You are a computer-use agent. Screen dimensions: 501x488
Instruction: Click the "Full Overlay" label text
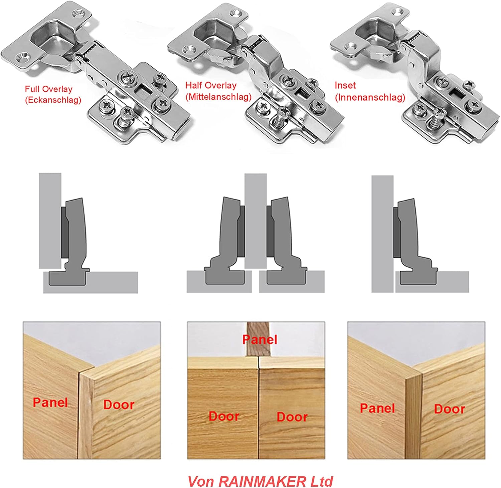pyautogui.click(x=48, y=89)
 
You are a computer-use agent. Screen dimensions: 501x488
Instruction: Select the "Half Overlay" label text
pyautogui.click(x=211, y=85)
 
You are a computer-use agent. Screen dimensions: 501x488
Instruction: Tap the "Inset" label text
pyautogui.click(x=345, y=85)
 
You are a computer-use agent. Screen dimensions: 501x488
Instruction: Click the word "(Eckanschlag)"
pyautogui.click(x=53, y=100)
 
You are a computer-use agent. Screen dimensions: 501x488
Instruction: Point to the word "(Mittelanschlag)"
pyautogui.click(x=218, y=97)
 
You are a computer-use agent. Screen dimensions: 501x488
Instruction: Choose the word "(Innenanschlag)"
pyautogui.click(x=370, y=97)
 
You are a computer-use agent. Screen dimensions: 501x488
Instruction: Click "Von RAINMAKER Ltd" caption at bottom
pyautogui.click(x=261, y=473)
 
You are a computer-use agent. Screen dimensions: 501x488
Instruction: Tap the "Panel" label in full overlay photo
pyautogui.click(x=50, y=402)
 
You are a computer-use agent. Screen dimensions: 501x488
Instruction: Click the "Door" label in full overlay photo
pyautogui.click(x=119, y=405)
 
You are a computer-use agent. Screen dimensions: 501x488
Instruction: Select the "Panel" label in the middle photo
pyautogui.click(x=260, y=339)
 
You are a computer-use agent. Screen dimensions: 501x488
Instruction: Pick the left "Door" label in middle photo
pyautogui.click(x=224, y=416)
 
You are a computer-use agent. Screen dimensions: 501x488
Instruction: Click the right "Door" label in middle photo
pyautogui.click(x=292, y=417)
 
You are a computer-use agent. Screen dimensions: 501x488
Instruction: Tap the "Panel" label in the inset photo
pyautogui.click(x=377, y=408)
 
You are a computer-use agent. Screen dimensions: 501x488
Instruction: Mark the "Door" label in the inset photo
pyautogui.click(x=449, y=409)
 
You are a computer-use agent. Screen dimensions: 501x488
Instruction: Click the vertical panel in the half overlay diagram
pyautogui.click(x=256, y=221)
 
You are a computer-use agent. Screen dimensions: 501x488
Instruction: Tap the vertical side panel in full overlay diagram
pyautogui.click(x=50, y=221)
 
